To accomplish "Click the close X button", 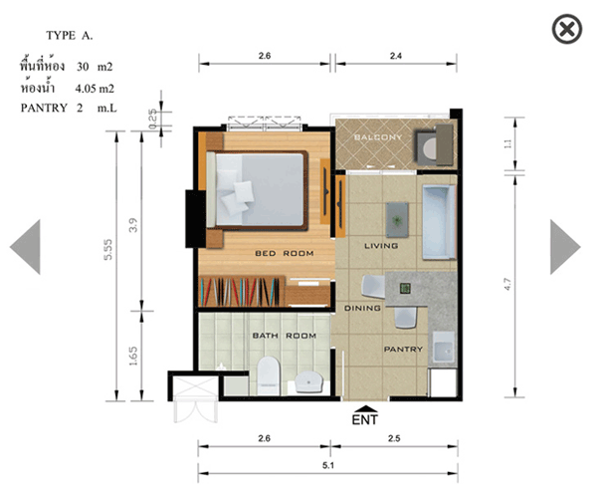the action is coord(567,29).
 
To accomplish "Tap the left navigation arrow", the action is coord(25,247).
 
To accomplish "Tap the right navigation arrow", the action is coord(565,247).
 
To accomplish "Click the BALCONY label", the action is coord(378,137).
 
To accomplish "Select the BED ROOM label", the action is coord(285,254).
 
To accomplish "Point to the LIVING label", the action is coord(381,246).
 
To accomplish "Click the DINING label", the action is coord(362,308).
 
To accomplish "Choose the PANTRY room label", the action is coord(403,350).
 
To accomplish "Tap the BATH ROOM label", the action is coord(285,336).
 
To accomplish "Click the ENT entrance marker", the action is coord(365,415).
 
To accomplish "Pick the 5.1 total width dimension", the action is coord(328,465).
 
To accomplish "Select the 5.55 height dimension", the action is coord(108,250).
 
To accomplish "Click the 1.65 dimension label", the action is coord(133,356).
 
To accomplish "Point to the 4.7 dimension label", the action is coord(507,285).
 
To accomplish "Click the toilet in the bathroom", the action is coord(269,375).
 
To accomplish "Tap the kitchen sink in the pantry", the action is coord(443,348).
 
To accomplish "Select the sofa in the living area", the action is coord(439,223).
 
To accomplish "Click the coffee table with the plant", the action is coord(397,220).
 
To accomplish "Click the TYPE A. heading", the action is coord(70,36).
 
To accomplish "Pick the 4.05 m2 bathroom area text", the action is coord(95,89).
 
